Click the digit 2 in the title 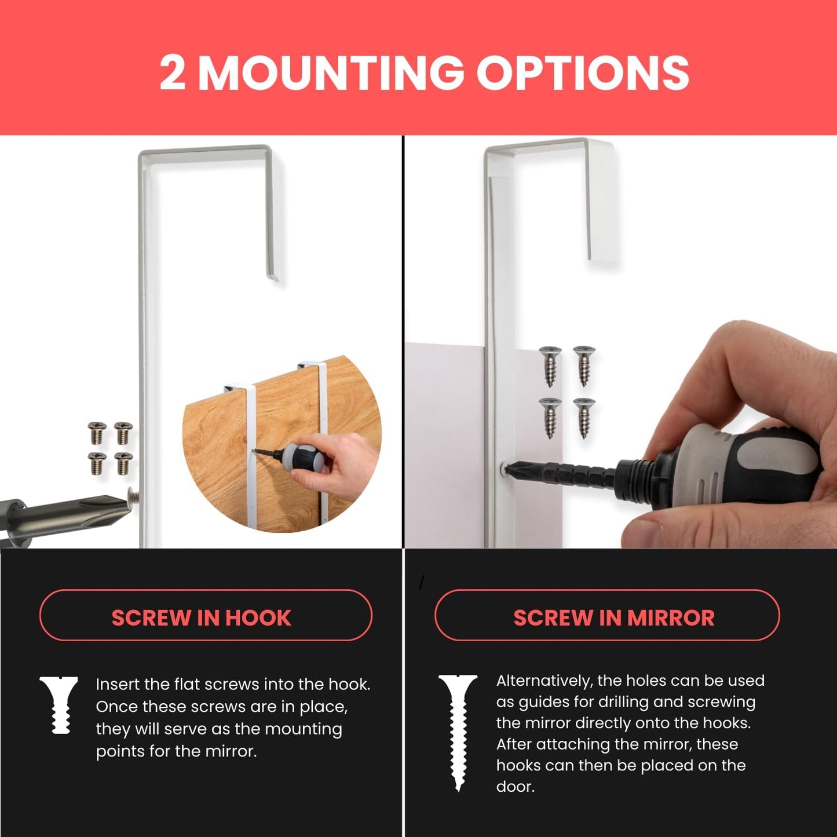point(172,73)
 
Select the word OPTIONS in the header point(582,73)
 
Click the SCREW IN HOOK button point(205,616)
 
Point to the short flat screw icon point(59,704)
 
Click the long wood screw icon point(458,731)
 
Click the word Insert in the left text point(118,684)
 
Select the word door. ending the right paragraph point(515,787)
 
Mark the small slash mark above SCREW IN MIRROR point(422,582)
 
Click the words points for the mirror point(176,751)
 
